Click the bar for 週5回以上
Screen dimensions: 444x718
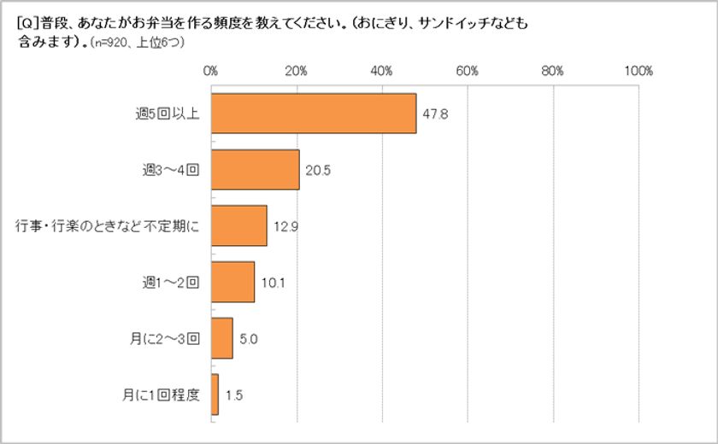(x=313, y=114)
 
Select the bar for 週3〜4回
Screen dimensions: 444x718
(x=255, y=169)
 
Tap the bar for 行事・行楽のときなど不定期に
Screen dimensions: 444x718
(x=238, y=225)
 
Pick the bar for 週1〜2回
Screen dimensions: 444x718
(x=232, y=282)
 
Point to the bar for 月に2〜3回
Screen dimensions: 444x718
(x=221, y=338)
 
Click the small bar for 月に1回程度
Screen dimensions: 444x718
(x=215, y=394)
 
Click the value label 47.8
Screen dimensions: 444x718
(x=435, y=114)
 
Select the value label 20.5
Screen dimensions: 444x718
(x=318, y=170)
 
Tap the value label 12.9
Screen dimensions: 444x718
(x=285, y=226)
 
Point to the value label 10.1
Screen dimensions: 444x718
(x=273, y=283)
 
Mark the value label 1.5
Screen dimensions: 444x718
(x=234, y=395)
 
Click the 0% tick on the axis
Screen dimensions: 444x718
(x=211, y=71)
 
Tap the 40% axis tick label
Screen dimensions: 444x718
(x=382, y=71)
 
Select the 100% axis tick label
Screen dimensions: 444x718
(x=638, y=71)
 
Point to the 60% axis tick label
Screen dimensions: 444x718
(x=468, y=71)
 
